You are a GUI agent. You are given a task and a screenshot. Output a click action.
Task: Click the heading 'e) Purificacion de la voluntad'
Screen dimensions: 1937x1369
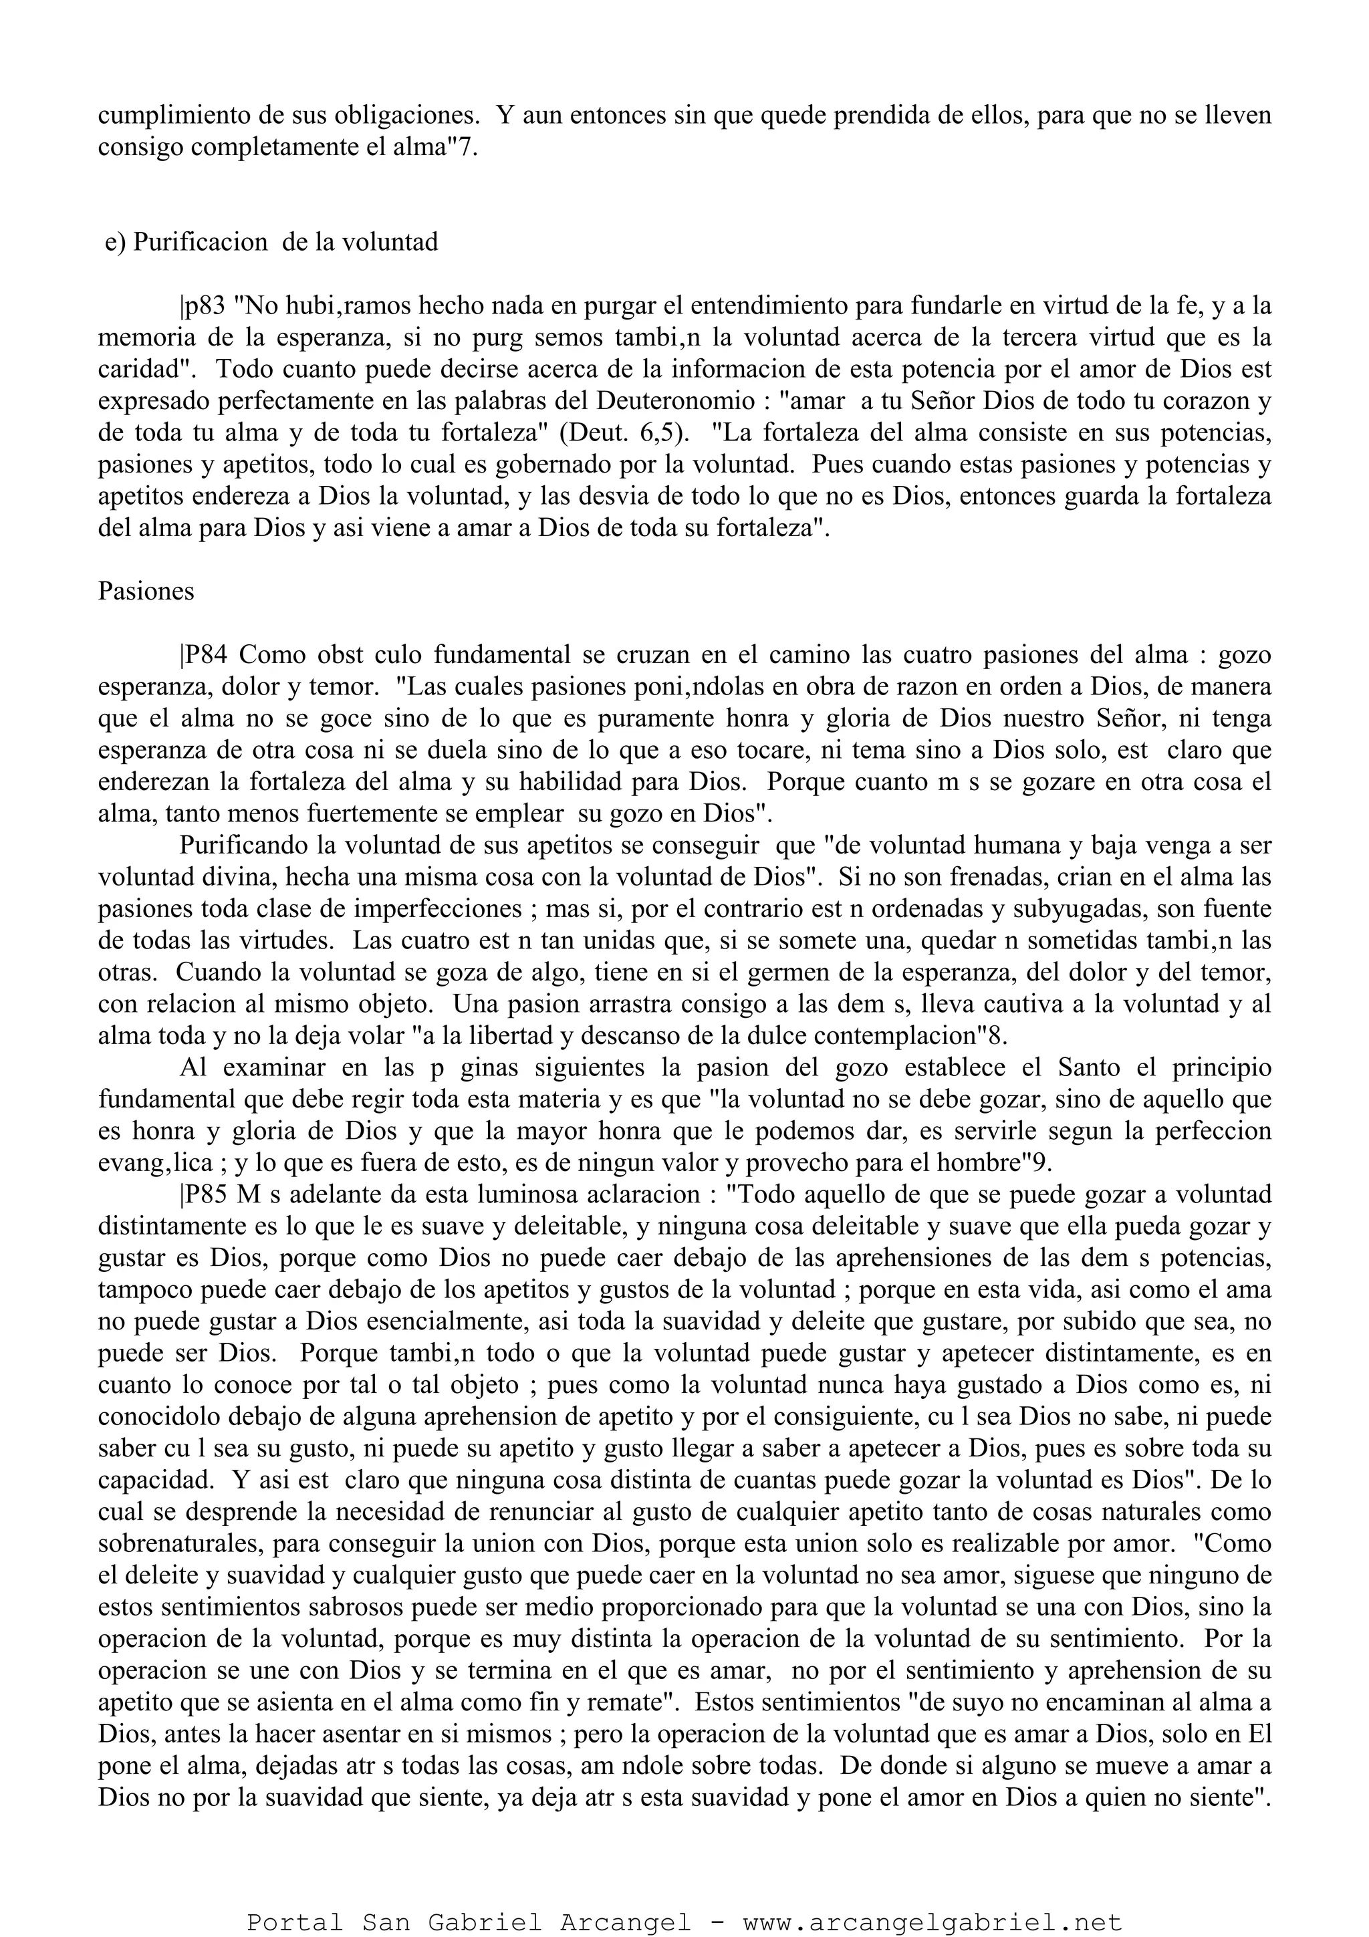point(271,243)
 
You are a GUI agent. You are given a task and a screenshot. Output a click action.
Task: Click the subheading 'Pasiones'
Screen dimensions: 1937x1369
point(146,592)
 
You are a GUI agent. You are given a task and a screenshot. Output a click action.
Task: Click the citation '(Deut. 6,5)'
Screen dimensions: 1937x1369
point(624,434)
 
